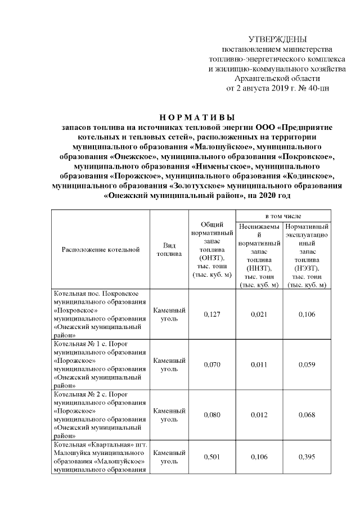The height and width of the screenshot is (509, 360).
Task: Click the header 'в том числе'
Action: tap(283, 216)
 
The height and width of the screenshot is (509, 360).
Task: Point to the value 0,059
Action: tap(307, 364)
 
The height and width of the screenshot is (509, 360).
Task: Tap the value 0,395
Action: tap(307, 457)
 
